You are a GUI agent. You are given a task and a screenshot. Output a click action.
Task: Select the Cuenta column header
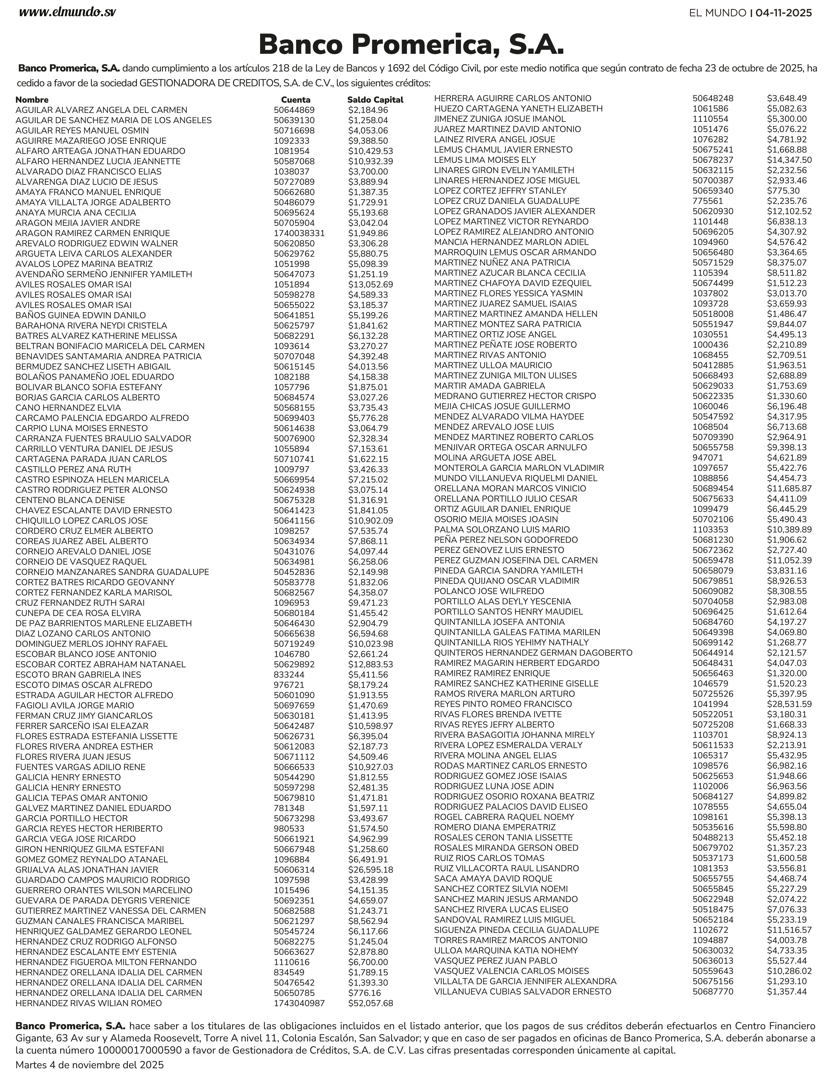[296, 100]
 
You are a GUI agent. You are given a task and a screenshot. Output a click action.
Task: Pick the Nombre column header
[32, 100]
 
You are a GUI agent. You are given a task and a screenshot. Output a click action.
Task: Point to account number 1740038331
[299, 233]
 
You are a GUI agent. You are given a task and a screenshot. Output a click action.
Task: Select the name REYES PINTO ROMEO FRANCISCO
[503, 704]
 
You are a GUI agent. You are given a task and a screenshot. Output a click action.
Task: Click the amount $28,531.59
[789, 704]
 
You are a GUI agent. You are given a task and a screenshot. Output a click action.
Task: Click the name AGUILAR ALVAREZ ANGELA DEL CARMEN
[101, 110]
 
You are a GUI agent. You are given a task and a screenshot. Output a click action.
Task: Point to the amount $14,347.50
[789, 160]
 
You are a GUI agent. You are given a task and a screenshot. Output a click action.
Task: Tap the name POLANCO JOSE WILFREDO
[489, 591]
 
